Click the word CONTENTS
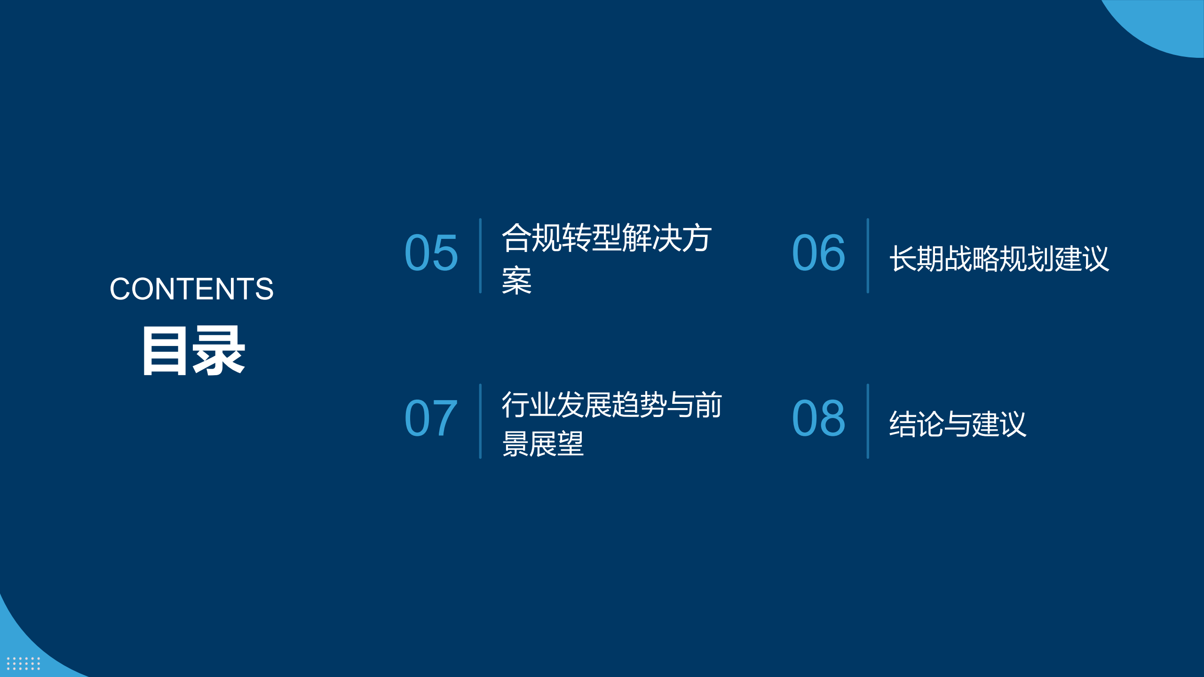click(191, 289)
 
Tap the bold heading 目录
click(194, 350)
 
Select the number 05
click(431, 253)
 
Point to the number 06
click(819, 253)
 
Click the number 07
click(431, 418)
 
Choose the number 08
click(819, 418)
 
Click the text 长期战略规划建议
click(999, 259)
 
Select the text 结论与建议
click(958, 424)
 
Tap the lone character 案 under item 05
click(517, 281)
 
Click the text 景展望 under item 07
click(543, 443)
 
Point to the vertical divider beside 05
click(480, 256)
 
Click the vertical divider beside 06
click(868, 256)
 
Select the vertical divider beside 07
click(480, 421)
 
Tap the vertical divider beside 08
click(868, 421)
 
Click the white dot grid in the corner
click(24, 663)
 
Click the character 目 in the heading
click(164, 351)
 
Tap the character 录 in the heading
click(219, 351)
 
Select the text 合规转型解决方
click(607, 238)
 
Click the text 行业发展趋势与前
click(612, 404)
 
